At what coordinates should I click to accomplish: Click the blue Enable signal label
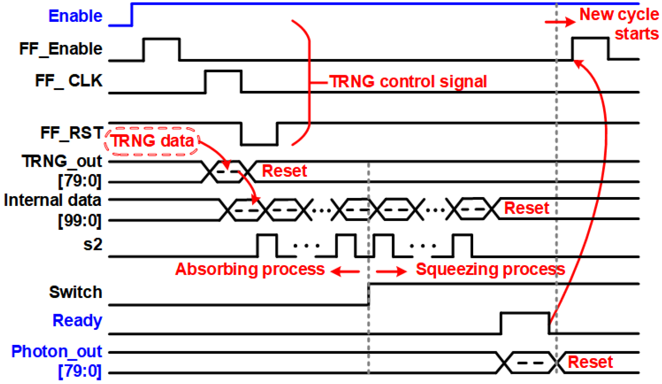click(75, 16)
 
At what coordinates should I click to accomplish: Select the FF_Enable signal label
click(61, 49)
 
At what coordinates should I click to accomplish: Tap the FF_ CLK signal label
click(69, 81)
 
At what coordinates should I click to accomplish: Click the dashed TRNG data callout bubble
click(152, 141)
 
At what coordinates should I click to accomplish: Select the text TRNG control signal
click(408, 82)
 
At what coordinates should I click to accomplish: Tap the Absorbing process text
click(250, 269)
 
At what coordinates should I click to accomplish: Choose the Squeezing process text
click(490, 269)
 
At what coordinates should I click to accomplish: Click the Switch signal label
click(75, 292)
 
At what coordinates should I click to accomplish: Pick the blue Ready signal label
click(77, 321)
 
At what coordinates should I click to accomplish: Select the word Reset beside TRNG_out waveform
click(284, 171)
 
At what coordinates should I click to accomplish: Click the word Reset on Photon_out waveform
click(590, 362)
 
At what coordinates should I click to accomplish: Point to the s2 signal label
click(92, 245)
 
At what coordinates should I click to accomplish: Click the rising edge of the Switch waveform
click(369, 294)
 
